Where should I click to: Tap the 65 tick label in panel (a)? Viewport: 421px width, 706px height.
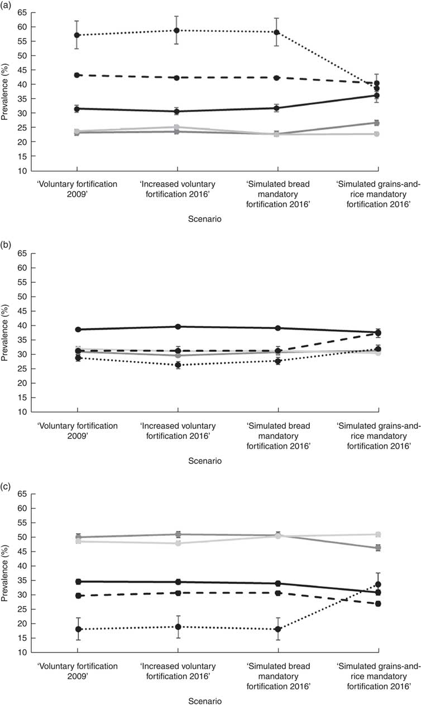(22, 12)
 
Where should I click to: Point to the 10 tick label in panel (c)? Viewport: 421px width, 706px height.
(22, 652)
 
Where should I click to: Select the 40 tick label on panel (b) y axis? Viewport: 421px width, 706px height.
(22, 326)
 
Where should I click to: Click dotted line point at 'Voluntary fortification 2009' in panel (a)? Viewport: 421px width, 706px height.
(77, 35)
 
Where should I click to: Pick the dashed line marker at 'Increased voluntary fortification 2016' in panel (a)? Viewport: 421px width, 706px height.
(177, 78)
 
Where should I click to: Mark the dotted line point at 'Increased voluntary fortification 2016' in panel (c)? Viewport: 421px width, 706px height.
(177, 627)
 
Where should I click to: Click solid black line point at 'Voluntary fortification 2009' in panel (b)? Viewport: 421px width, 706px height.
(77, 330)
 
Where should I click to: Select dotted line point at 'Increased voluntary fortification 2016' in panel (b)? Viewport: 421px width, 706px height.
(177, 365)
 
